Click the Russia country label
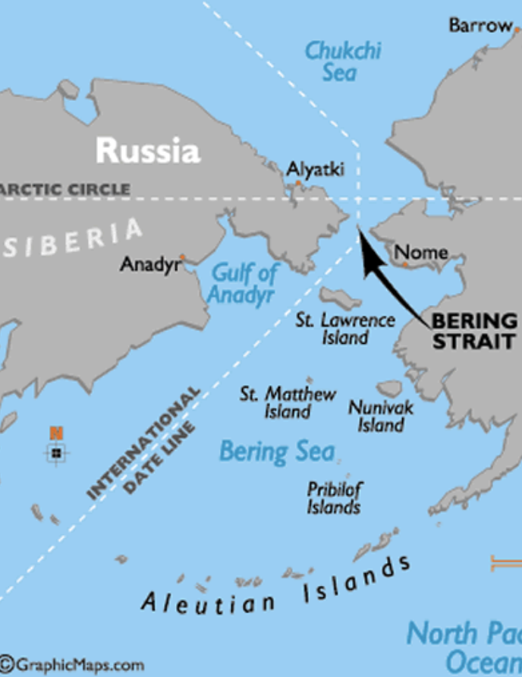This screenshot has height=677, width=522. coord(148,150)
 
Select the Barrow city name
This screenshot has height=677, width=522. coord(480,25)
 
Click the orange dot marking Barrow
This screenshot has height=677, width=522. coord(517,28)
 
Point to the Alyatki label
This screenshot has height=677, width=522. coord(315,169)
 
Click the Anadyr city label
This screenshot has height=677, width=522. coord(149,265)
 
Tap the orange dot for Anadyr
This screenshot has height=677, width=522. coord(182,257)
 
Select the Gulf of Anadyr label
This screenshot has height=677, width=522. coord(244,283)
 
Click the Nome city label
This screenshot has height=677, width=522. coord(421,252)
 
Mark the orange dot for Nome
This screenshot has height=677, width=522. coord(406,265)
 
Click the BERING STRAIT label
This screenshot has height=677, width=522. coord(474,331)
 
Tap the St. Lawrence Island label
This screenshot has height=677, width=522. coord(345,328)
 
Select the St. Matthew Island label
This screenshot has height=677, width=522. coord(288,403)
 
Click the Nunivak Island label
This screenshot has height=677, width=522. coord(381,416)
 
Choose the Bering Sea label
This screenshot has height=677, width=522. coord(276,452)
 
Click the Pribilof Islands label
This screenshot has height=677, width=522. coord(334,498)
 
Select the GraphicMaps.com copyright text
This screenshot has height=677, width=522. coord(72,666)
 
